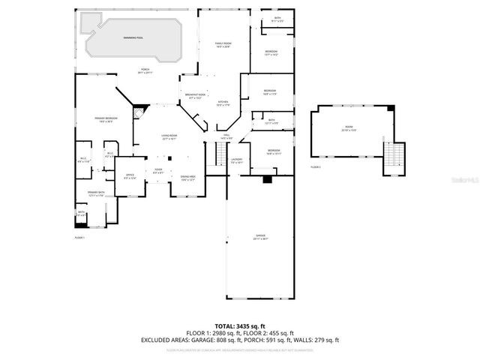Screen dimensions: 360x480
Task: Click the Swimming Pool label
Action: tap(135, 37)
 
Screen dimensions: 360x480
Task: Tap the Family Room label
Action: tap(223, 45)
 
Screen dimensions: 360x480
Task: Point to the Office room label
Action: tap(130, 177)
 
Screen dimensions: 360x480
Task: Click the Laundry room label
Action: tap(236, 160)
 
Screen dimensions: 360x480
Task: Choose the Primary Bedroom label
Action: tap(105, 120)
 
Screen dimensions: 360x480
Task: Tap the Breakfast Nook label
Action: tap(196, 96)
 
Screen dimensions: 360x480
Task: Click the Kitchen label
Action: tap(223, 103)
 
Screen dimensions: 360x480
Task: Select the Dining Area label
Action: tap(187, 178)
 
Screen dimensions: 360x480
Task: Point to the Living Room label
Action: tap(169, 137)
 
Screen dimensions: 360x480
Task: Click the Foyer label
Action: tap(158, 171)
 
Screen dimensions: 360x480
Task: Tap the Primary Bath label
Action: tap(94, 194)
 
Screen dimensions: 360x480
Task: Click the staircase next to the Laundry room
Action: tap(220, 154)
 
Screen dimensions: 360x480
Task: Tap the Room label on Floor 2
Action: tap(348, 130)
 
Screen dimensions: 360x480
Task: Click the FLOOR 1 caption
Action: tap(79, 238)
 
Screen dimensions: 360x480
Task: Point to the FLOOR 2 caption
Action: tap(316, 166)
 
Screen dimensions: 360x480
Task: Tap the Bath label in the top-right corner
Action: tap(277, 19)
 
